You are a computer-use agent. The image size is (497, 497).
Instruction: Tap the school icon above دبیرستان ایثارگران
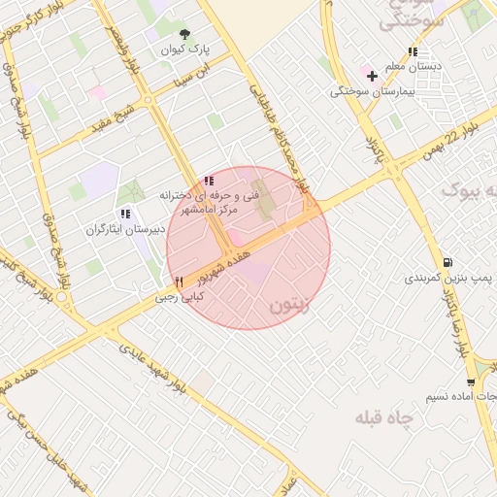coord(124,214)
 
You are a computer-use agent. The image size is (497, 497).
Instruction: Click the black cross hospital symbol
coord(372,76)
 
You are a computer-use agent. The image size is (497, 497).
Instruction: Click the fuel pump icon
coord(446,262)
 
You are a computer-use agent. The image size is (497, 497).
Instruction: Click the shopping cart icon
coord(471,382)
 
